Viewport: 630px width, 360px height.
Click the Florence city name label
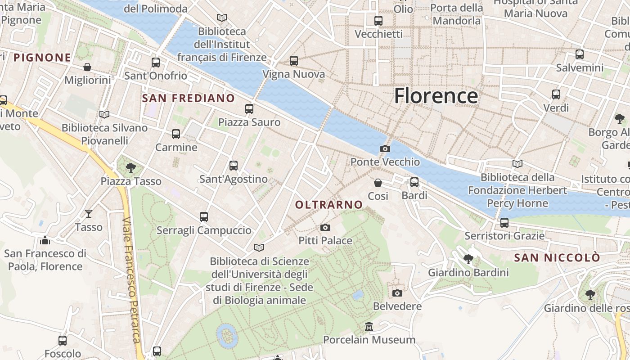click(436, 96)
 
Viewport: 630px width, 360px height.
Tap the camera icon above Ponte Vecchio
click(385, 148)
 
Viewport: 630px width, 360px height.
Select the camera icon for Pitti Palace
click(325, 227)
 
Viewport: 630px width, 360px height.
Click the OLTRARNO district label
click(329, 205)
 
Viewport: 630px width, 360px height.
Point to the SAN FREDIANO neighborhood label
click(189, 98)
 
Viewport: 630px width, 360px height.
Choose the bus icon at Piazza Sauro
click(249, 108)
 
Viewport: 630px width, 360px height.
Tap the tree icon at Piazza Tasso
click(131, 168)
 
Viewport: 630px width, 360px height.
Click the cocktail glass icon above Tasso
click(89, 213)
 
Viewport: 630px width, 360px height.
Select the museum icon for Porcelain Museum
click(369, 326)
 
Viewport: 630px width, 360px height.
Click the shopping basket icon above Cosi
click(378, 182)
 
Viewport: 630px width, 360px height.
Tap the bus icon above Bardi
click(414, 182)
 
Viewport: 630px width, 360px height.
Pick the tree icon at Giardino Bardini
click(468, 259)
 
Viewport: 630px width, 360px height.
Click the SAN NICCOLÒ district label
click(557, 258)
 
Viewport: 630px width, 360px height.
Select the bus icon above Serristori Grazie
click(504, 222)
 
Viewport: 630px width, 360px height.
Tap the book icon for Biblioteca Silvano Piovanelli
click(104, 114)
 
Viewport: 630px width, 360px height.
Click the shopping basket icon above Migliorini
click(87, 67)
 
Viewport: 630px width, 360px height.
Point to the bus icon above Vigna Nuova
click(294, 60)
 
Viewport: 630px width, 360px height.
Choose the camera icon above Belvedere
click(397, 293)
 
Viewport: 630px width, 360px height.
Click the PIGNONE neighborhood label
click(42, 58)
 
